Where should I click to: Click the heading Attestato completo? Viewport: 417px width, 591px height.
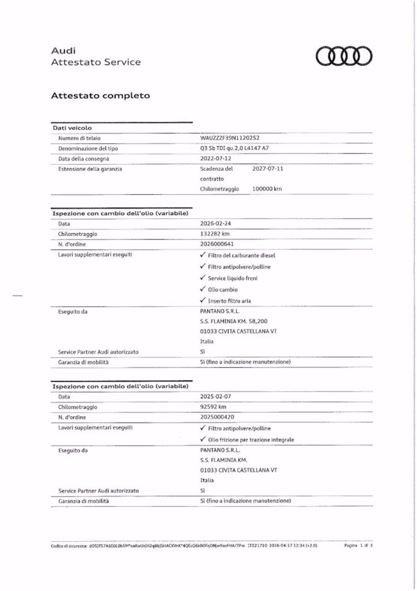click(101, 95)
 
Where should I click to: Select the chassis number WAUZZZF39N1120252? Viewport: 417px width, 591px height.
click(229, 139)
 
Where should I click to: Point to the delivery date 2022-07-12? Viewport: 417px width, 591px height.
click(215, 159)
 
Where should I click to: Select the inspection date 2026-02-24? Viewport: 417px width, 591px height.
click(216, 224)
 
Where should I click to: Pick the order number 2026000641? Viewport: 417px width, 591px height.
click(217, 244)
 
